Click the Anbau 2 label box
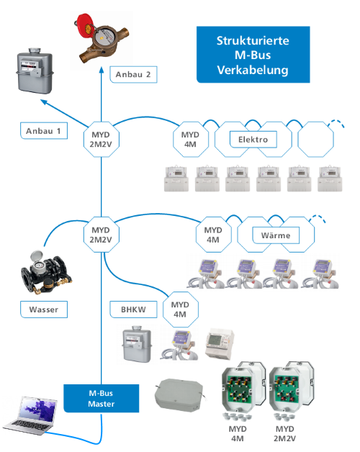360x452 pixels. point(133,75)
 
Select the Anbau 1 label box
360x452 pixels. point(44,131)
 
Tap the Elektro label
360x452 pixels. point(253,140)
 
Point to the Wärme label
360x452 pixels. point(276,235)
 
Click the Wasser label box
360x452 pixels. point(44,309)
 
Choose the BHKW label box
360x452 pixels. point(133,309)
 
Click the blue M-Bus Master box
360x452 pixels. point(102,399)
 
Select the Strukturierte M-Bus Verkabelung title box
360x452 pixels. point(253,55)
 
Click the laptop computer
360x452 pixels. point(30,415)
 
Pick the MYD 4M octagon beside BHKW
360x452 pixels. point(181,309)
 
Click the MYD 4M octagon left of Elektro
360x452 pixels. point(191,140)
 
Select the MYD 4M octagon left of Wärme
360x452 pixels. point(213,235)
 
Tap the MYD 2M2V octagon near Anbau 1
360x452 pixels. point(102,140)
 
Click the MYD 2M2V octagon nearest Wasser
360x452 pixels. point(102,235)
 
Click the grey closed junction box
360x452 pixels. point(179,394)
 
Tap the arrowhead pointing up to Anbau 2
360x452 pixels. point(102,70)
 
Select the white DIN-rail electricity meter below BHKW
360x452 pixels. point(220,344)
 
